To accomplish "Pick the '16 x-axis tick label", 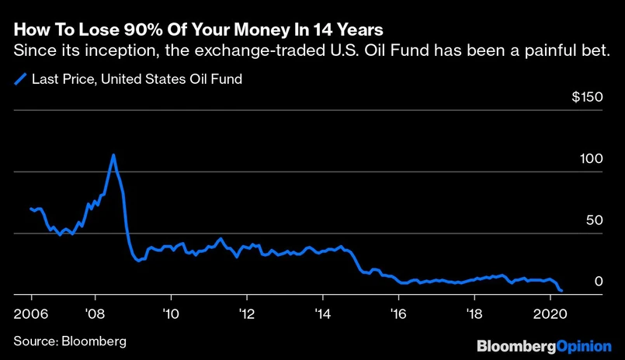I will (x=399, y=314).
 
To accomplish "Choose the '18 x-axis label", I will (x=475, y=314).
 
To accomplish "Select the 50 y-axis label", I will (x=595, y=220).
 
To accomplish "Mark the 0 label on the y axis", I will (x=598, y=282).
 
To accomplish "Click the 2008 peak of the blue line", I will (x=114, y=154).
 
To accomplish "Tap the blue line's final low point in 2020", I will (x=561, y=291).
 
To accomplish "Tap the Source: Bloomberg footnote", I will (x=70, y=341).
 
